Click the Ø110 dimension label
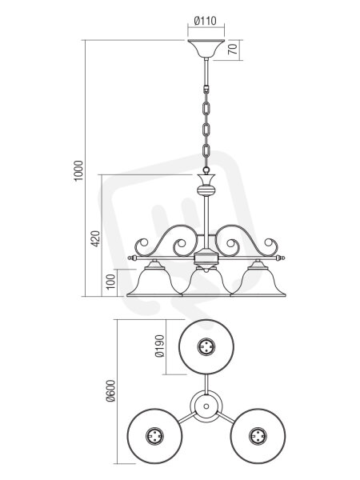(206, 21)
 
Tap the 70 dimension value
(233, 50)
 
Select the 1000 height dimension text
(78, 171)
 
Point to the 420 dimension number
(95, 239)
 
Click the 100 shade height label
(111, 282)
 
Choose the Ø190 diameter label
(160, 346)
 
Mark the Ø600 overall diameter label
(111, 391)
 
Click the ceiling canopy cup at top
(206, 49)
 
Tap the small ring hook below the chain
(206, 170)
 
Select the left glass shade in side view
(154, 279)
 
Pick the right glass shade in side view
(258, 279)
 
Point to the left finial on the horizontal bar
(132, 258)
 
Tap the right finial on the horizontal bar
(281, 258)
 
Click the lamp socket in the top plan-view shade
(206, 347)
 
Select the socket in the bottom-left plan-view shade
(154, 436)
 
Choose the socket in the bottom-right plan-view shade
(258, 436)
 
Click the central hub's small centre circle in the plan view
(206, 406)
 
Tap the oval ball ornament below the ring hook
(206, 190)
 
